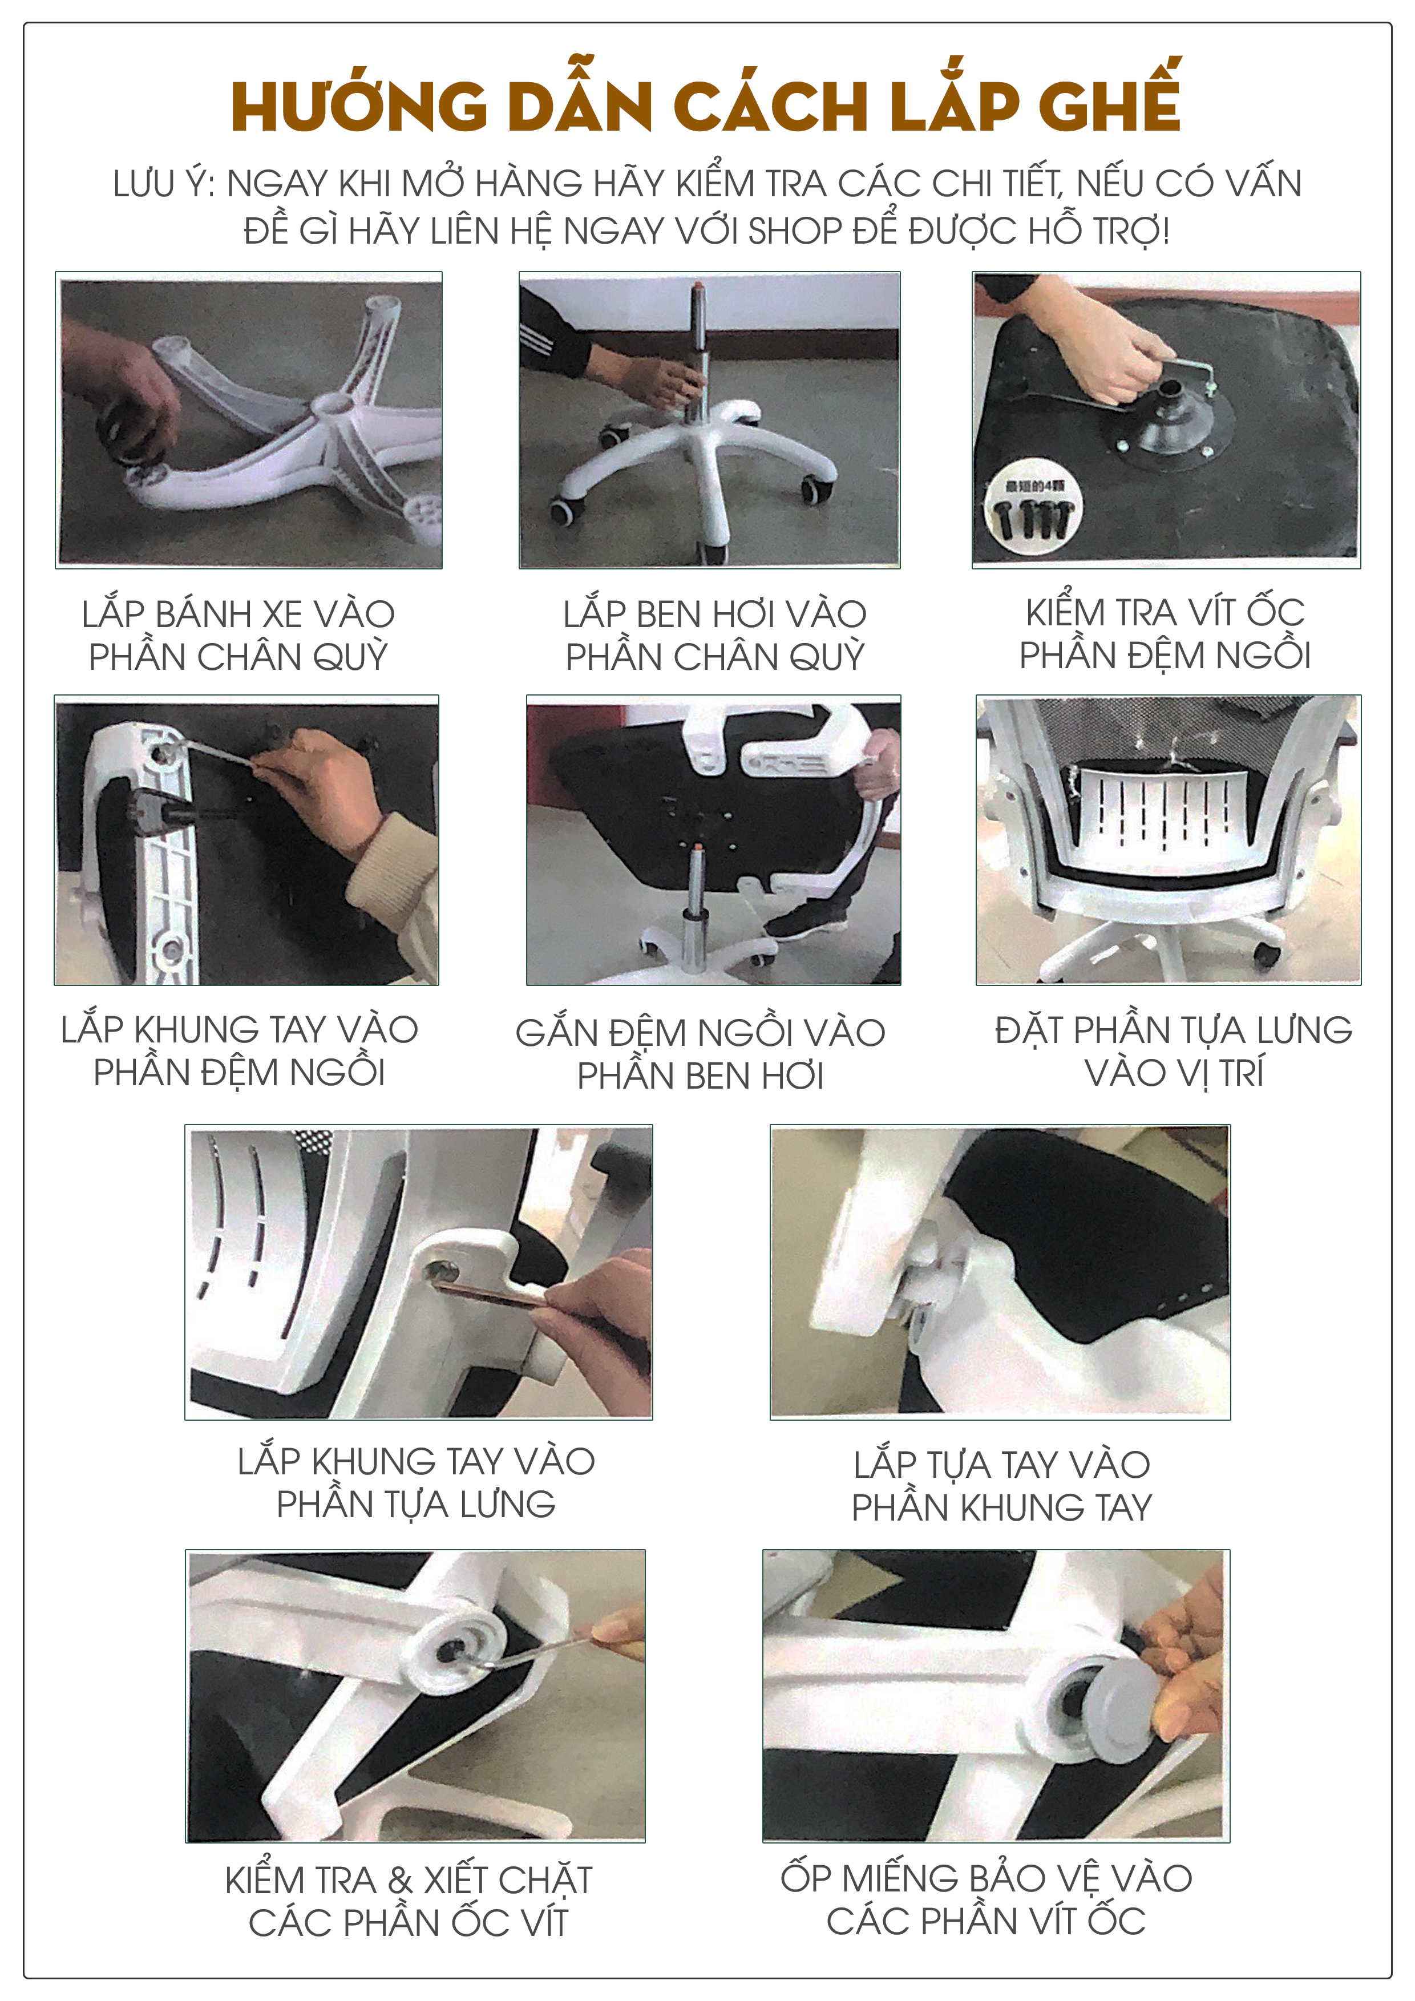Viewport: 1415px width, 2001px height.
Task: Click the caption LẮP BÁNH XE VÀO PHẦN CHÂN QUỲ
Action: pyautogui.click(x=238, y=636)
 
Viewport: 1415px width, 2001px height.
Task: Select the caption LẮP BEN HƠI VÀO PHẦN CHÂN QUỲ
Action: pyautogui.click(x=714, y=636)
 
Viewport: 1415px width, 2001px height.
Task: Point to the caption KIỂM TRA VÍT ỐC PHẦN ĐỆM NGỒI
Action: pyautogui.click(x=1165, y=633)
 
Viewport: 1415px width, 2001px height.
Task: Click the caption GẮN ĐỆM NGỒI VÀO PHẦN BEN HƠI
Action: pyautogui.click(x=701, y=1054)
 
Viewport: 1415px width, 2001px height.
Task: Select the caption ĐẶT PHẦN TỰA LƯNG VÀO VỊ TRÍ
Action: pyautogui.click(x=1174, y=1051)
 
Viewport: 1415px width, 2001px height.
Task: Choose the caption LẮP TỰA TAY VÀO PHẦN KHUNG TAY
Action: pyautogui.click(x=1002, y=1486)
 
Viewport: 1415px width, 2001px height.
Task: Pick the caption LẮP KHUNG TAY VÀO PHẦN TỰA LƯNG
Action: pyautogui.click(x=417, y=1482)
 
